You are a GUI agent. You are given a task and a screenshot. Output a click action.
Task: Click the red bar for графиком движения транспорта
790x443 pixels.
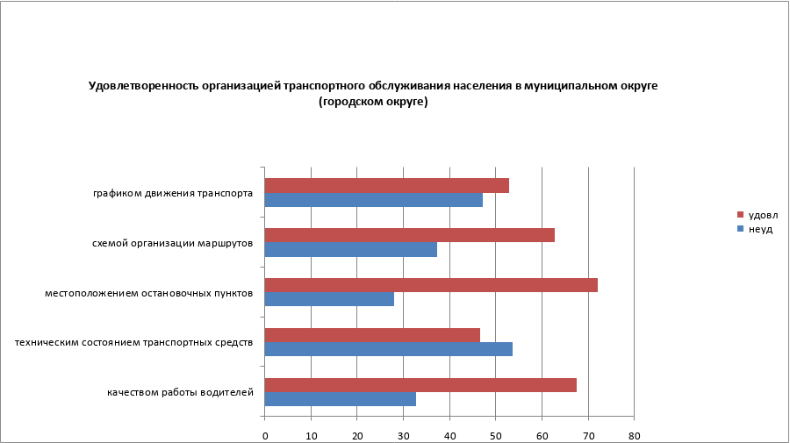[x=386, y=186]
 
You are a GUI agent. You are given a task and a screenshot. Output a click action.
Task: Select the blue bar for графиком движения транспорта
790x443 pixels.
[x=373, y=200]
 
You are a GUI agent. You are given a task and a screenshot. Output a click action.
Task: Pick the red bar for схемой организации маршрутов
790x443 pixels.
[x=409, y=235]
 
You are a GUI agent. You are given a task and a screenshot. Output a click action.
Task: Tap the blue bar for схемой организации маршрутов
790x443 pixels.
[x=350, y=249]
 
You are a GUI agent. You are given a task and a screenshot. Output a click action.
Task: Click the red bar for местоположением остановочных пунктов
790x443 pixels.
[x=430, y=285]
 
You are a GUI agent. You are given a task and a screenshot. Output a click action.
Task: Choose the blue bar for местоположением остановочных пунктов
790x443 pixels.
[x=329, y=299]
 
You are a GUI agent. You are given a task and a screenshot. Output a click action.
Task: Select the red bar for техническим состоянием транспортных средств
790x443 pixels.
[x=372, y=334]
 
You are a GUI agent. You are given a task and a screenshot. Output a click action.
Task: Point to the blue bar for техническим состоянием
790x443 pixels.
[x=388, y=348]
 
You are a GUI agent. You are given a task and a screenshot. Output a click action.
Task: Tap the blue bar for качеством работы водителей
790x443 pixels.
[x=340, y=398]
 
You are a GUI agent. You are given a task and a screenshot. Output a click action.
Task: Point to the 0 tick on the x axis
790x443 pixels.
[x=265, y=435]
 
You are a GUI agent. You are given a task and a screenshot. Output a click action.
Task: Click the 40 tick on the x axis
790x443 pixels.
[x=449, y=435]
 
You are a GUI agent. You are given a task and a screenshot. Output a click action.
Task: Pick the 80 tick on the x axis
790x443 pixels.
[x=634, y=435]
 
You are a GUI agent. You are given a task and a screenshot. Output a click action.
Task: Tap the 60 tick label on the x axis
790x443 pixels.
[x=542, y=435]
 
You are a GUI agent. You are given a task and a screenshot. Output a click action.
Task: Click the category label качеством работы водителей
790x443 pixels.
[x=180, y=391]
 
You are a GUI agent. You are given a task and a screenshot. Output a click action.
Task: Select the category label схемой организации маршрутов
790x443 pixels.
[x=173, y=243]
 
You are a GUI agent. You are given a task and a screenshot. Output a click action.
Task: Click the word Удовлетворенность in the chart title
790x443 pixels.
[x=133, y=86]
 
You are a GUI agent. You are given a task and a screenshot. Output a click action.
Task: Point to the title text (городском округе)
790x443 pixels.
[x=373, y=102]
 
